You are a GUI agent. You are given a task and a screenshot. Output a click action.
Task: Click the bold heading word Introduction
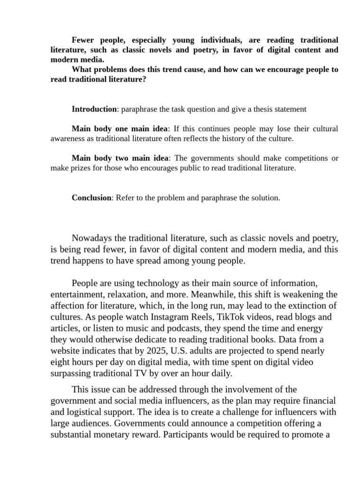pyautogui.click(x=94, y=109)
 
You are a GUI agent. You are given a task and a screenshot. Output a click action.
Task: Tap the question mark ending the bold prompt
pyautogui.click(x=144, y=80)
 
